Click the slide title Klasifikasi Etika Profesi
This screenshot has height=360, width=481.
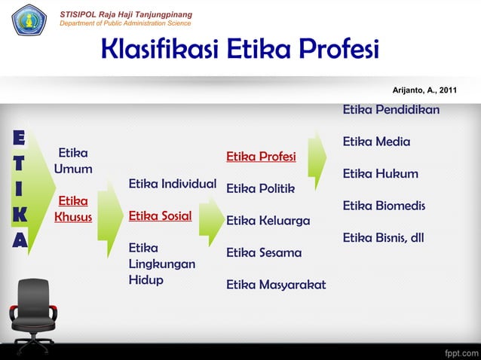coord(240,50)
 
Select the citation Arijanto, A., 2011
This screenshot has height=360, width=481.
coord(424,90)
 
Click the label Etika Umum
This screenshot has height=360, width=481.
coord(73,160)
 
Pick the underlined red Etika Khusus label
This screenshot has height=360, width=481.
coord(73,209)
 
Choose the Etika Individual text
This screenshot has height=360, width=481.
coord(173,184)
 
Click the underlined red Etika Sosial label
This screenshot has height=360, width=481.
coord(160,216)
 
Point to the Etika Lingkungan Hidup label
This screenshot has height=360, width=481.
coord(162,264)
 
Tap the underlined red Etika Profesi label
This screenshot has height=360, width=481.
coord(261,157)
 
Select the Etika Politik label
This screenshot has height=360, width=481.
coord(260,188)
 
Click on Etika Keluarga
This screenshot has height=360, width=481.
coord(268,221)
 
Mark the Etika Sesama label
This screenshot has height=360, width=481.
coord(264,252)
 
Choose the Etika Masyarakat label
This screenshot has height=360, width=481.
coord(276,285)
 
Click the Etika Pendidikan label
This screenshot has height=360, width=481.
coord(391,110)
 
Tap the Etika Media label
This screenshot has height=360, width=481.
coord(376,142)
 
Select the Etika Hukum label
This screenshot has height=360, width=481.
coord(380,174)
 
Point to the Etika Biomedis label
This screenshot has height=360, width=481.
coord(384,206)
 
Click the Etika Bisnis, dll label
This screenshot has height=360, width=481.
coord(383,238)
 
